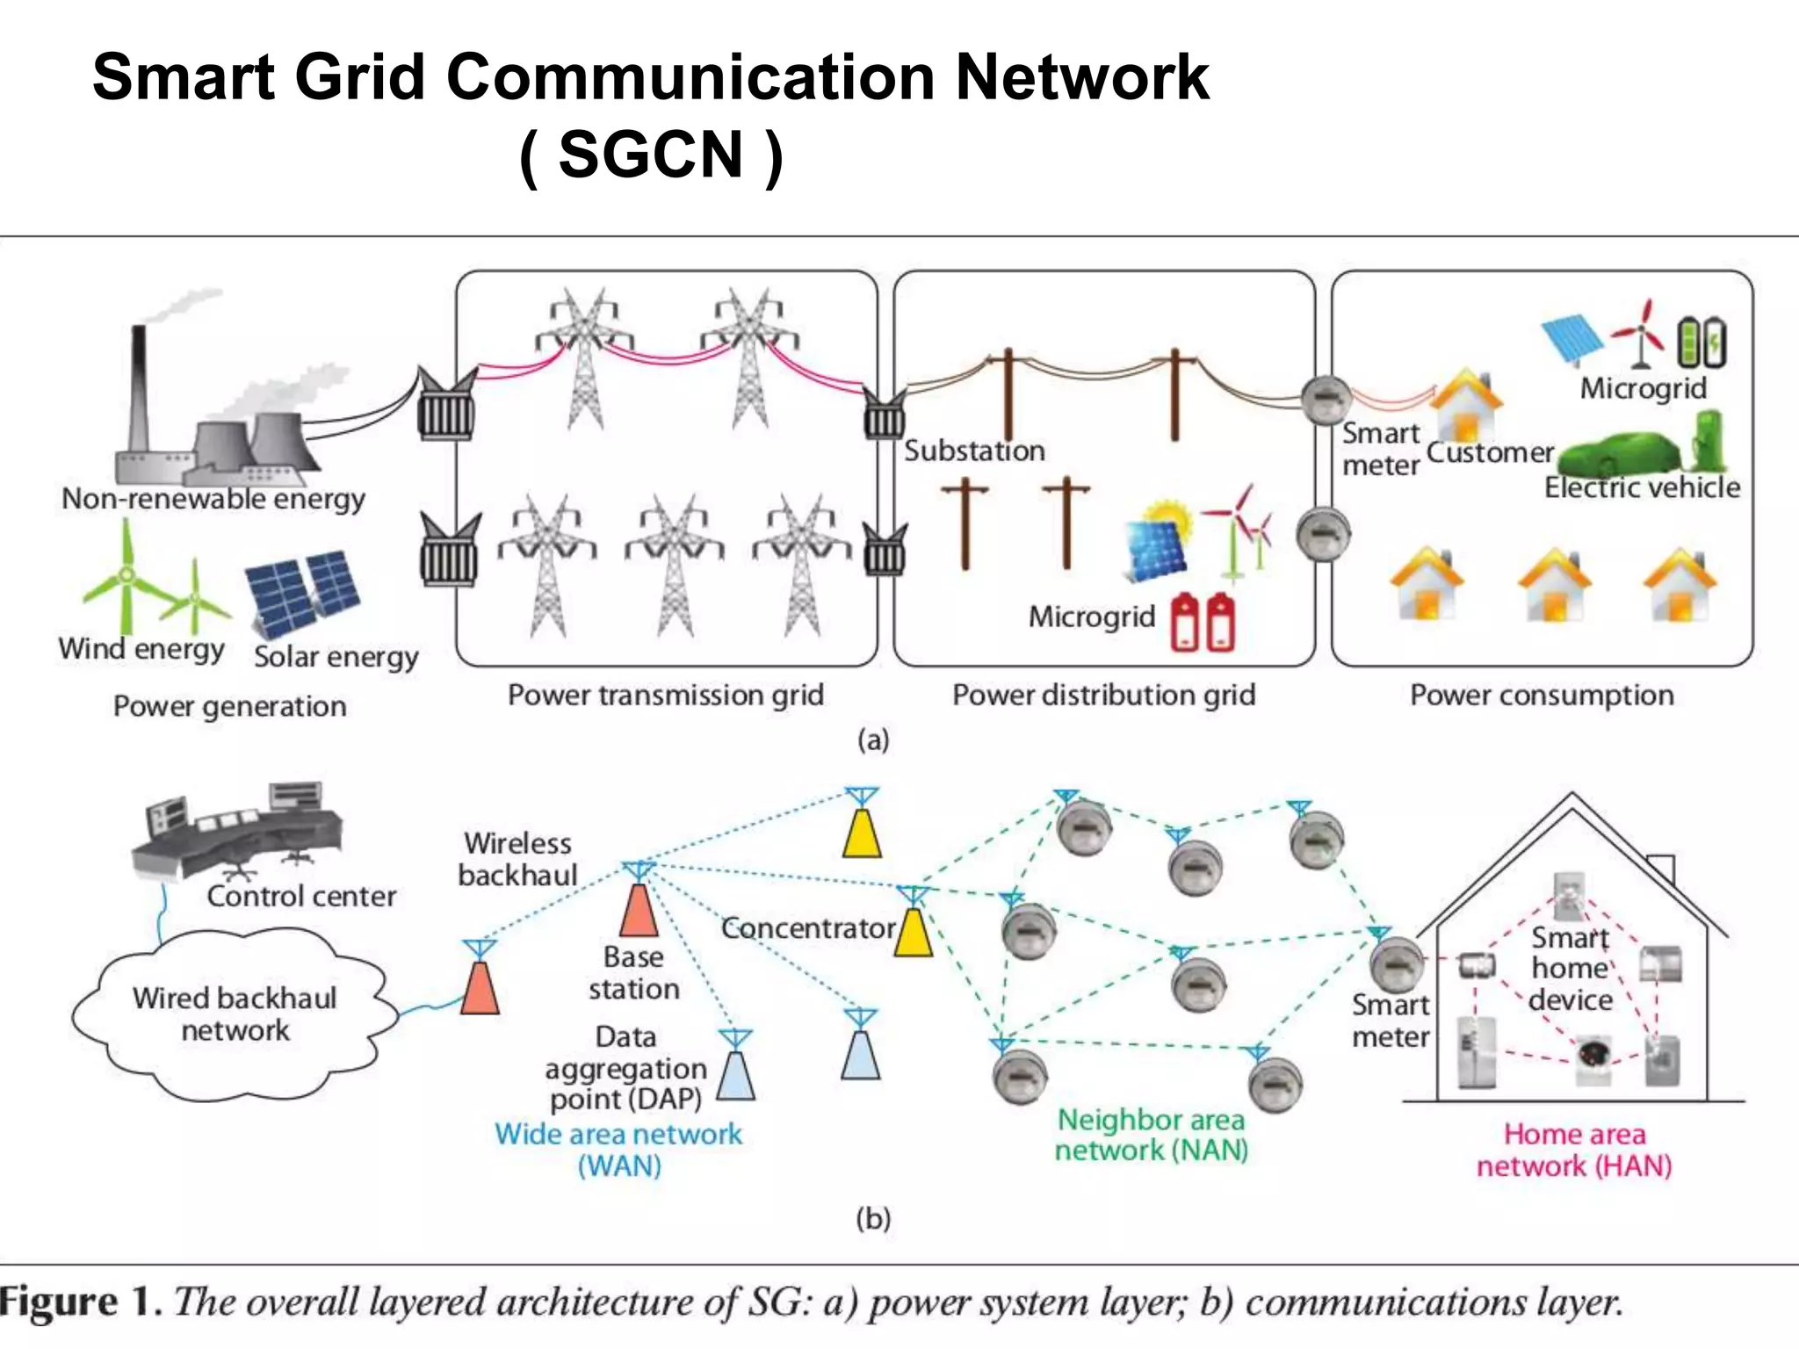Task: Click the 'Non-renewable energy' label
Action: [x=213, y=499]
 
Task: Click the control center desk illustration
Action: [x=237, y=830]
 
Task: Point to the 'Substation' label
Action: [x=974, y=451]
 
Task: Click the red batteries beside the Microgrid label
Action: [x=1203, y=622]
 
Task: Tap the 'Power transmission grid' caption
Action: [x=666, y=696]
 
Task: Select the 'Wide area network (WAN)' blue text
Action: [x=618, y=1150]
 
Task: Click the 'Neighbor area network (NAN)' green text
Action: [x=1151, y=1135]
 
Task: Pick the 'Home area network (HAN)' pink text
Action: [x=1574, y=1150]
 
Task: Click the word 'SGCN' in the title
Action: [x=651, y=155]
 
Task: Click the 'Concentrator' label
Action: [x=807, y=928]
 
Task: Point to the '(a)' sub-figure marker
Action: [x=873, y=740]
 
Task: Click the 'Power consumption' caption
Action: [x=1542, y=696]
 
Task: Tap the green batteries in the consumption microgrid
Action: [x=1701, y=343]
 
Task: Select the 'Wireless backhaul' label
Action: [x=517, y=859]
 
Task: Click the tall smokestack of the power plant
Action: [x=138, y=386]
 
